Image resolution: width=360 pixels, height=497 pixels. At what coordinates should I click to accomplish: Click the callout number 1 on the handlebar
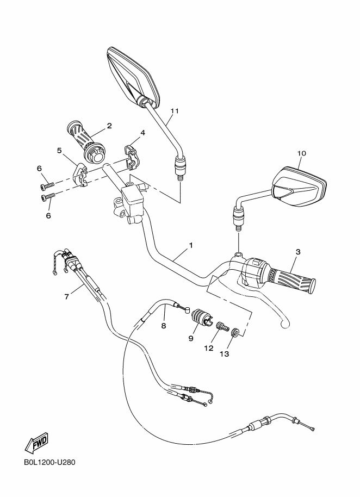pos(191,245)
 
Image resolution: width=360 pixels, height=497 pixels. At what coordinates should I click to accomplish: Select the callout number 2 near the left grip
pos(109,126)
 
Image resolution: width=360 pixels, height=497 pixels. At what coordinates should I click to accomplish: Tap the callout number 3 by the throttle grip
pos(298,252)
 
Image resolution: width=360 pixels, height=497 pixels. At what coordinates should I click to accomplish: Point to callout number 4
pos(142,133)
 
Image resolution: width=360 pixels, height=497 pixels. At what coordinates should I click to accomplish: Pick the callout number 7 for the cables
pos(66,296)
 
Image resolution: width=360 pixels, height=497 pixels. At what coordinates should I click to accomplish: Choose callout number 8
pos(163,326)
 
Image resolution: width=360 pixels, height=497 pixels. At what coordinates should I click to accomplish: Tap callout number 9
pos(191,338)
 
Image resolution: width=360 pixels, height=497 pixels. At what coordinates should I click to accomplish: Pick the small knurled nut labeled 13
pos(234,333)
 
